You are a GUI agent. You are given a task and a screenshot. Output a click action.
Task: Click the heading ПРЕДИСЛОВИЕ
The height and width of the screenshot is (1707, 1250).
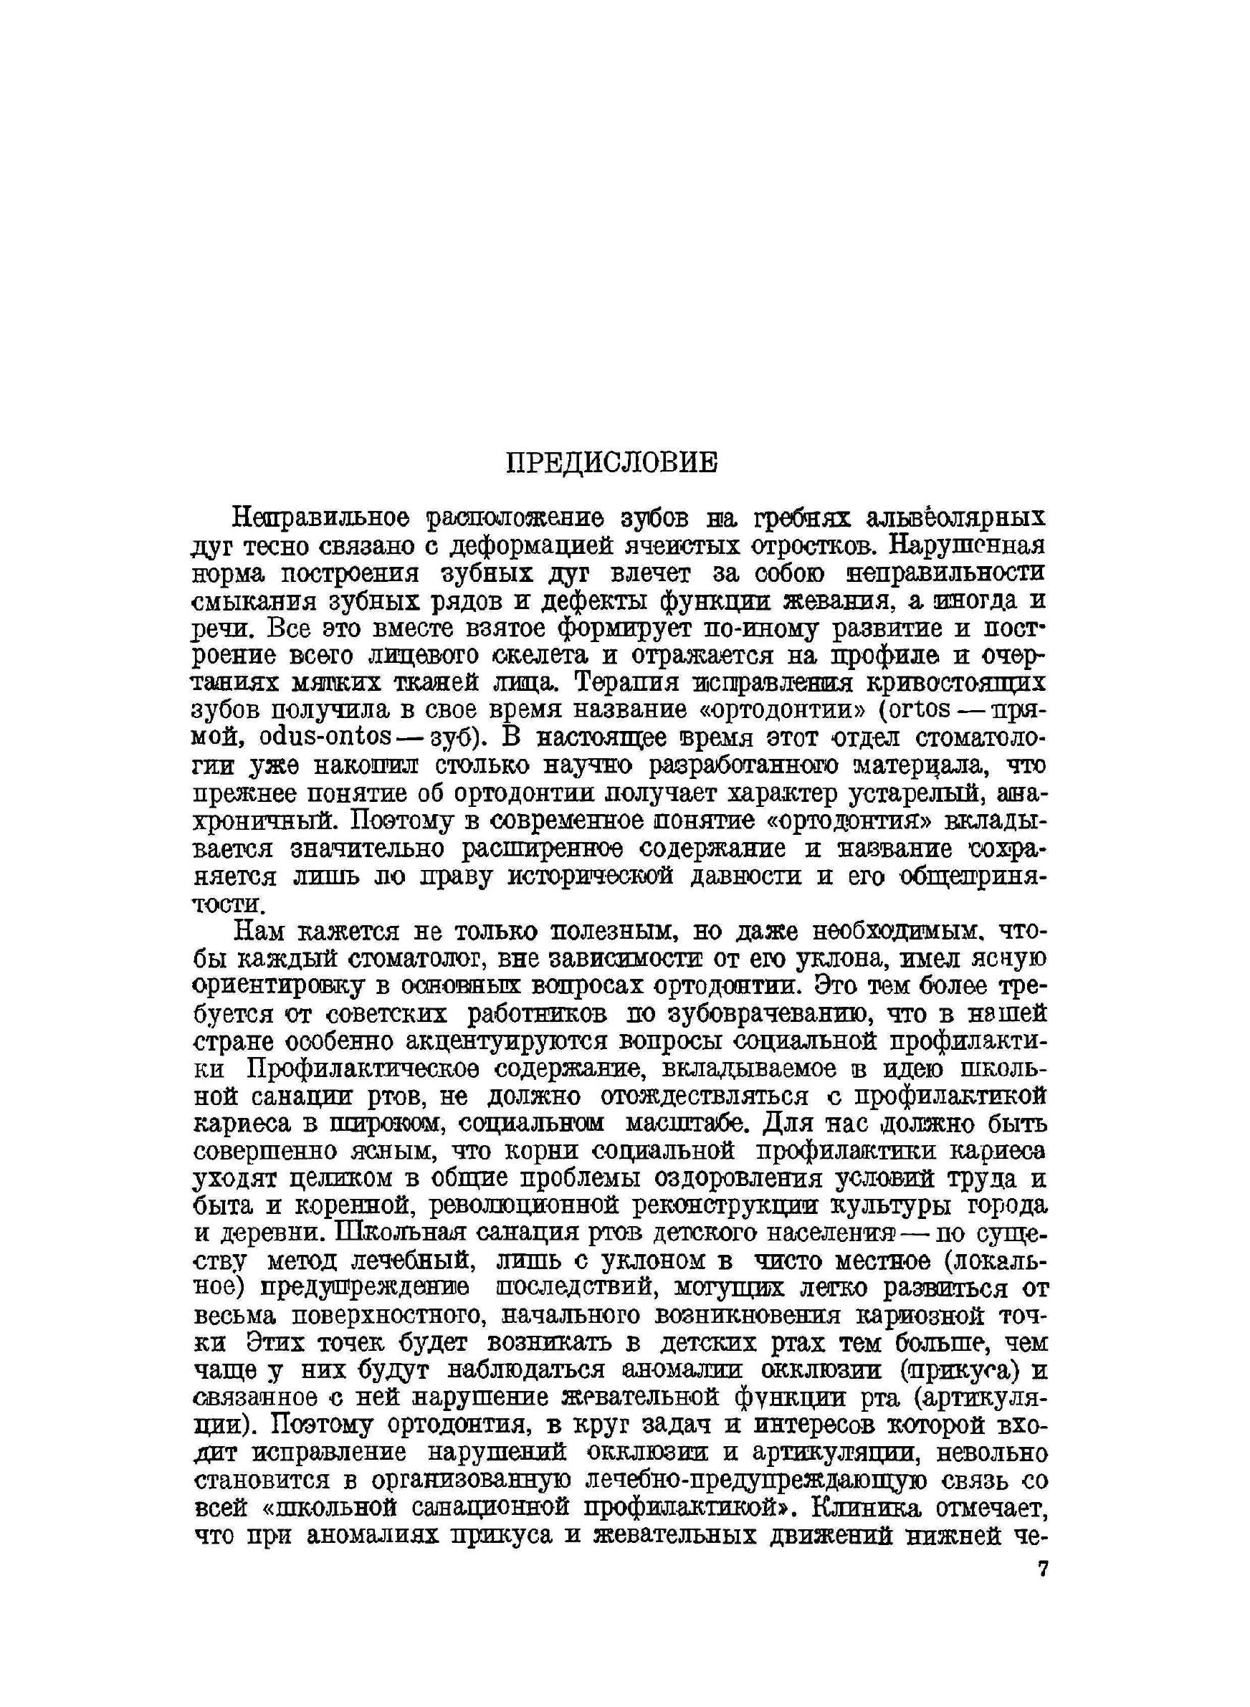tap(611, 463)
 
